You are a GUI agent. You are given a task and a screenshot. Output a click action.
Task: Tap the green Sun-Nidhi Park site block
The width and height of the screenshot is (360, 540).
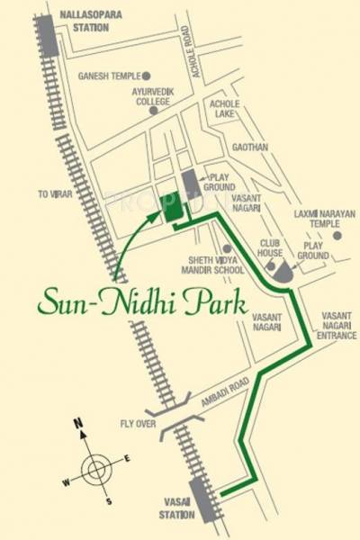pyautogui.click(x=169, y=208)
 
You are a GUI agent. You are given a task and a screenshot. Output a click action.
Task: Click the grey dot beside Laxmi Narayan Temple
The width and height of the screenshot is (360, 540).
pyautogui.click(x=337, y=235)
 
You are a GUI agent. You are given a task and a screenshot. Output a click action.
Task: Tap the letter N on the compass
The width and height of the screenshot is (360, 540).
pyautogui.click(x=78, y=423)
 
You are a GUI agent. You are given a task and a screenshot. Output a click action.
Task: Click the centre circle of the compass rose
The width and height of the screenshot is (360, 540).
pyautogui.click(x=94, y=469)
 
